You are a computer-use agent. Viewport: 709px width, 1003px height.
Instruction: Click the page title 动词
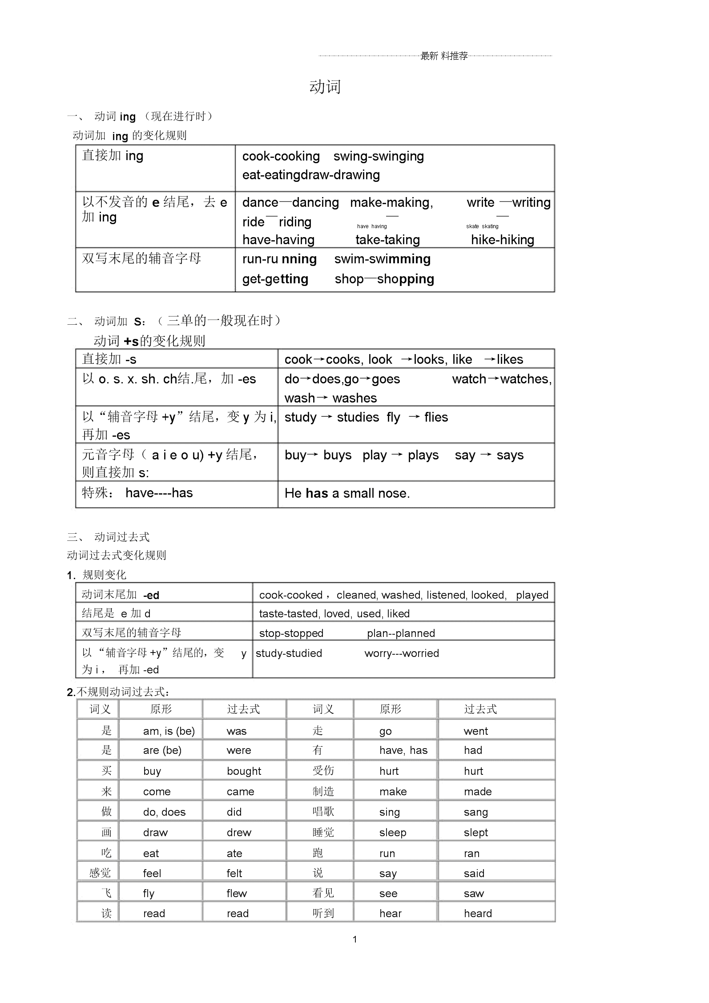tap(325, 87)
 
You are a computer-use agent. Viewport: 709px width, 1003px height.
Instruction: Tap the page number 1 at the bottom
tap(354, 939)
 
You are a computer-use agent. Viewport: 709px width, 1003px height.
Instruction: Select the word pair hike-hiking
tap(502, 240)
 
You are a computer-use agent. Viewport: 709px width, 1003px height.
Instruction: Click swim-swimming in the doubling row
tap(382, 259)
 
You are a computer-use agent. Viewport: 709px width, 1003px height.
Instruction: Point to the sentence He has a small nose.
tap(347, 493)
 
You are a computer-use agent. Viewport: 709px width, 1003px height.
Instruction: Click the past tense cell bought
tap(244, 771)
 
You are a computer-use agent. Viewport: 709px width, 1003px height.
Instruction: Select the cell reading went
tap(475, 731)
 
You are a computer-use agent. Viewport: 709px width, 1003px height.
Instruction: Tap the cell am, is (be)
tap(169, 731)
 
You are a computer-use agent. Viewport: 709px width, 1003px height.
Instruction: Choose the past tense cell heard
tap(478, 913)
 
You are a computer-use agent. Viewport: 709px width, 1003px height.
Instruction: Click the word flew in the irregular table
tap(236, 893)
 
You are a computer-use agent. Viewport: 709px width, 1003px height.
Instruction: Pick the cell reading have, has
tap(403, 750)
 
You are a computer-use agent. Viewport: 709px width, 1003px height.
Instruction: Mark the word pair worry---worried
tap(401, 653)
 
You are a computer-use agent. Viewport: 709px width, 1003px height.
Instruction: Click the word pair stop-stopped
tap(291, 633)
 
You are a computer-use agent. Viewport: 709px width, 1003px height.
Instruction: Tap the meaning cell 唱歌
tap(323, 811)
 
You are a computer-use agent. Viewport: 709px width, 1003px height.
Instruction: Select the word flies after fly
tap(436, 417)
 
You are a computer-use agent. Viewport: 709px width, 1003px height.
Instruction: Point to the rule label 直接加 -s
tap(109, 359)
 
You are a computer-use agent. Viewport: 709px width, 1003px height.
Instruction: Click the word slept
tap(475, 832)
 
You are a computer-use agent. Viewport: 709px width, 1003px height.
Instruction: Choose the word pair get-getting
tap(275, 279)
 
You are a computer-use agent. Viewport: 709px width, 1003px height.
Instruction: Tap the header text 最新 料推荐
tap(444, 56)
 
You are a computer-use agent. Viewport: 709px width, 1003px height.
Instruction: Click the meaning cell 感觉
tap(100, 873)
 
